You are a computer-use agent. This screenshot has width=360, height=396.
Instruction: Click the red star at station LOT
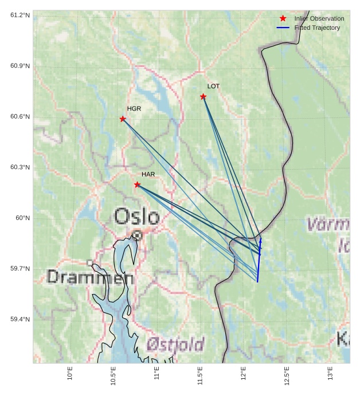click(204, 96)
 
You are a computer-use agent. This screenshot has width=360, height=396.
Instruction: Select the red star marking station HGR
click(123, 119)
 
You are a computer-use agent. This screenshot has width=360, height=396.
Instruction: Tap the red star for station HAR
click(137, 185)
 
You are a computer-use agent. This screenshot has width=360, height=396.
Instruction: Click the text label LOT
click(213, 86)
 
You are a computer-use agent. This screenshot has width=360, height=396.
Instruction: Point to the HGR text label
click(134, 108)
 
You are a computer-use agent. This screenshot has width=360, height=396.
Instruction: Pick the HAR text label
click(148, 174)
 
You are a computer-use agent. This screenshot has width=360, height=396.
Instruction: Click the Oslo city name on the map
click(136, 217)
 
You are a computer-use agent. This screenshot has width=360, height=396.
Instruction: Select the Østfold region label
click(175, 344)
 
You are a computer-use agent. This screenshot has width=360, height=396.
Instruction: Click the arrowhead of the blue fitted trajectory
click(261, 241)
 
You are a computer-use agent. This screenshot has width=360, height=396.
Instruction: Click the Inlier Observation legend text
click(319, 18)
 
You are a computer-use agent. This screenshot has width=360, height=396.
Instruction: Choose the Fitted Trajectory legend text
click(317, 28)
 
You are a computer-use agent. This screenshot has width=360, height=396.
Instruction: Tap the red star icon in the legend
click(283, 18)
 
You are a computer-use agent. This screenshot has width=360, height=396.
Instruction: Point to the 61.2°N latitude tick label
click(20, 15)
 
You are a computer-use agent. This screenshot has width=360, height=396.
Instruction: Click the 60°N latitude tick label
click(22, 218)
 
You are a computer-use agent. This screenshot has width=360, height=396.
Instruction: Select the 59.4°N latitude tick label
click(20, 319)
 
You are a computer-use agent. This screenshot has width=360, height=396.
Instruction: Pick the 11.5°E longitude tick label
click(200, 376)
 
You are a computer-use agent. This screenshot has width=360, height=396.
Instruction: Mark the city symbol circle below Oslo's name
click(137, 234)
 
